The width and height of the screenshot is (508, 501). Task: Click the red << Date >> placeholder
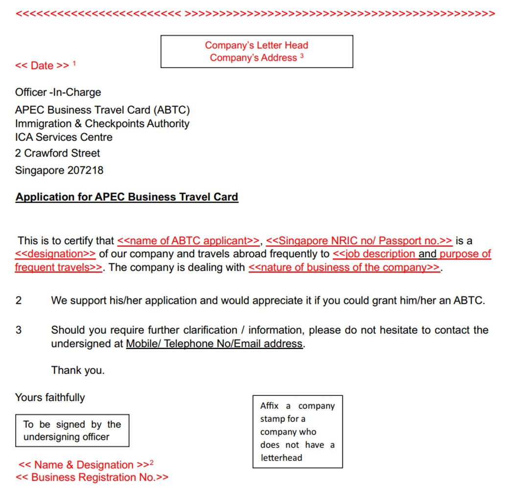click(42, 66)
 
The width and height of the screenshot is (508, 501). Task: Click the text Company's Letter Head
click(256, 46)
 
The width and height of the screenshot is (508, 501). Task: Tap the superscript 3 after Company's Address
click(302, 56)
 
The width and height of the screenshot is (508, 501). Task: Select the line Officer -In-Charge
click(58, 92)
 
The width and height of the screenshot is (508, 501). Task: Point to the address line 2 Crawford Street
click(57, 153)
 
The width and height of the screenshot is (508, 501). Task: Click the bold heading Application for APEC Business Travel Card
click(127, 197)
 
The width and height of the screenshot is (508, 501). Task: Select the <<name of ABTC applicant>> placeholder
click(188, 241)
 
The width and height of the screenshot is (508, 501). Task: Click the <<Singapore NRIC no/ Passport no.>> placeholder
click(359, 241)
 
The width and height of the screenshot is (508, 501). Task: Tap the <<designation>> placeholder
click(55, 254)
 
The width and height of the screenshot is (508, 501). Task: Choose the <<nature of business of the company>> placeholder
click(344, 268)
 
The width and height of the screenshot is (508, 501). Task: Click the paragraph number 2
click(19, 300)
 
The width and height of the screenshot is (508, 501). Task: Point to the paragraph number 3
click(19, 330)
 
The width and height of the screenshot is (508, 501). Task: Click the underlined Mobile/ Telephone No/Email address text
click(214, 344)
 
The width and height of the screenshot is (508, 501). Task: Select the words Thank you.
click(78, 370)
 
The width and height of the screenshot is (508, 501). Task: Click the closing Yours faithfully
click(50, 397)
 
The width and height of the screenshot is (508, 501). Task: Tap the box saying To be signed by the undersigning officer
click(72, 431)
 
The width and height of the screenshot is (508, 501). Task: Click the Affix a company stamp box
click(297, 432)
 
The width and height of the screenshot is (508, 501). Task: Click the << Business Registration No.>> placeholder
click(92, 478)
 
